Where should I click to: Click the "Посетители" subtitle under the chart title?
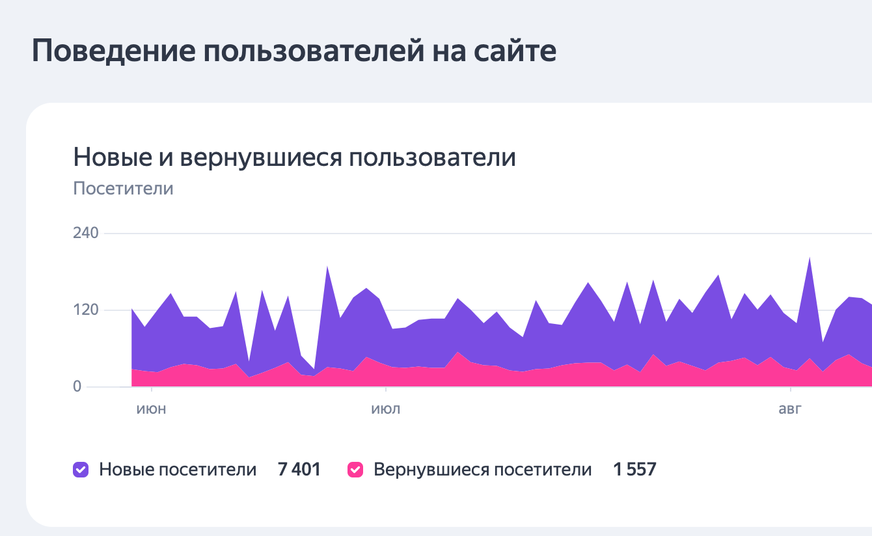coord(123,189)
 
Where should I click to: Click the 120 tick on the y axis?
coord(86,310)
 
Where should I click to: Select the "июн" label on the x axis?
coord(152,409)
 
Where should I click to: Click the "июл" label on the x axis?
coord(386,409)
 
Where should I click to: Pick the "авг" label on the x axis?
coord(790,409)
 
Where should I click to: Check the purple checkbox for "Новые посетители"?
coord(81,470)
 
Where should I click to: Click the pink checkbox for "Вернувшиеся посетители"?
coord(355,470)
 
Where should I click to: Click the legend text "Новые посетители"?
coord(178,470)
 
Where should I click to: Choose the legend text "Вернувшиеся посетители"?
coord(482,470)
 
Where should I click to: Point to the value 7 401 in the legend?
coord(299,470)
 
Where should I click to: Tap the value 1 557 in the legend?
coord(634,470)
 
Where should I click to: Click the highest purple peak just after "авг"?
coord(809,260)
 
